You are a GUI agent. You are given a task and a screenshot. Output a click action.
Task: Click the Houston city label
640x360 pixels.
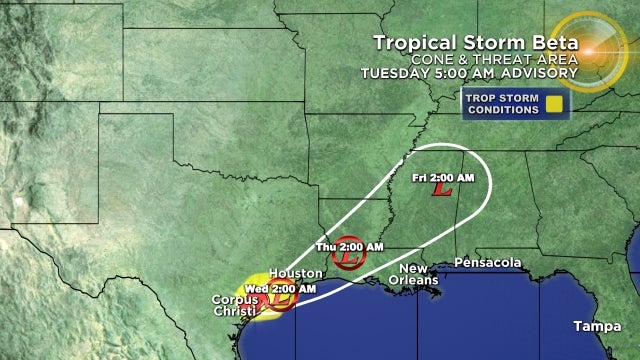(x=295, y=273)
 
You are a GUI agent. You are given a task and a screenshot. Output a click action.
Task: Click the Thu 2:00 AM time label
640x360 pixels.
(x=349, y=245)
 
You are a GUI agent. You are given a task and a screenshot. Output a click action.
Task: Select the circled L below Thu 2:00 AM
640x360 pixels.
(x=348, y=260)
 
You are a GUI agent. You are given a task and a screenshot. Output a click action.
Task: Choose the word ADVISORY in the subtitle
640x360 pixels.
(x=544, y=73)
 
